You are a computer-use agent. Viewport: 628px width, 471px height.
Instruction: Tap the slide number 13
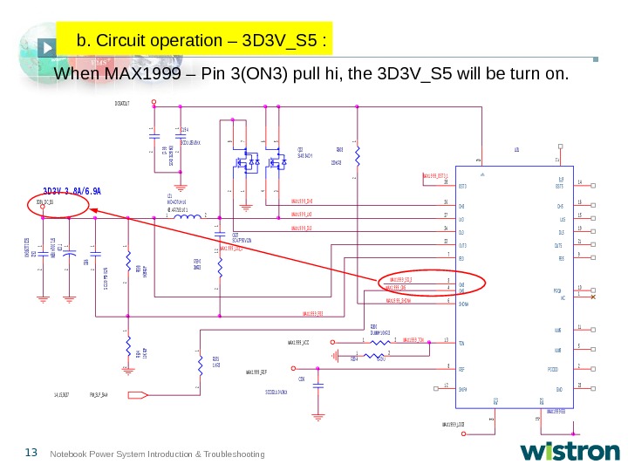(31, 452)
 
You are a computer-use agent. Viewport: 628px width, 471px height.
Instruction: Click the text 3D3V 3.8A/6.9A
(72, 190)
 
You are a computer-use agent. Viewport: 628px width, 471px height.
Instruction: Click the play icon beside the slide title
(50, 41)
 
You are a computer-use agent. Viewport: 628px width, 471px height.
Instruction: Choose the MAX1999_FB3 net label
(314, 314)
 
